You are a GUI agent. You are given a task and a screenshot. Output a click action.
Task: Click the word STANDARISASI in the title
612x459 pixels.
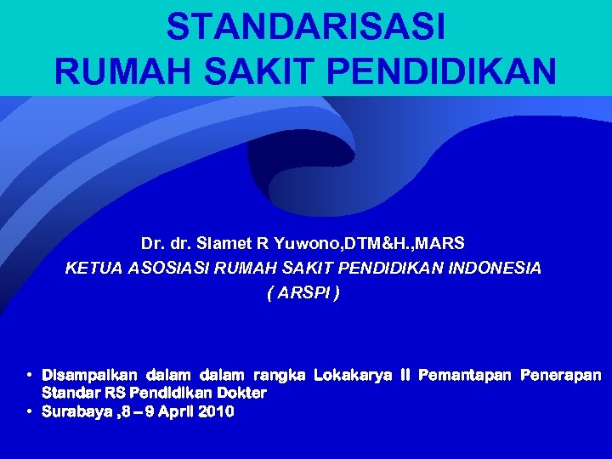305,27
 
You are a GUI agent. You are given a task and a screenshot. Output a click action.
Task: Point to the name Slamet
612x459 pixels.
221,244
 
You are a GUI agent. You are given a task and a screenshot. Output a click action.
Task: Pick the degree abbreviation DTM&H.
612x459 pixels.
377,244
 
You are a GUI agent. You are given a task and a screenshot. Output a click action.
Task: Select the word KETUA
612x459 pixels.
91,269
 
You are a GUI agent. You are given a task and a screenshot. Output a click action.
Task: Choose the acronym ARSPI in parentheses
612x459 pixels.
303,293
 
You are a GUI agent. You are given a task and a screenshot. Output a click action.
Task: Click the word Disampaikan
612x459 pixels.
91,375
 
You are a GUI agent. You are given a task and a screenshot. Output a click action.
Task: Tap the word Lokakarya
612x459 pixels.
349,375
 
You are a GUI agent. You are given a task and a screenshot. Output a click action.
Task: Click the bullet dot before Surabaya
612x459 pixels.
30,411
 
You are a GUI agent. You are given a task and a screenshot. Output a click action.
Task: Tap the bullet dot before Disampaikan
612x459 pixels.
30,375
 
